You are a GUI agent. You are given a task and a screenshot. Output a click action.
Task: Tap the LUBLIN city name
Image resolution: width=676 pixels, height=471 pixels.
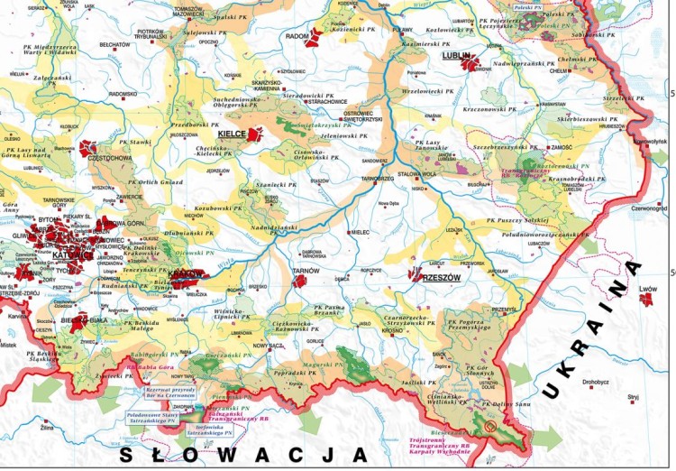pos(457,55)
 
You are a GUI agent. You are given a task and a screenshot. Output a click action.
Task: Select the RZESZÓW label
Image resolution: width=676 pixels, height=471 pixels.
pos(441,278)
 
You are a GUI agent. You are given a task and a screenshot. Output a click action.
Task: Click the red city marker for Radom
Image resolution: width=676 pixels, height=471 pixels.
pos(313,40)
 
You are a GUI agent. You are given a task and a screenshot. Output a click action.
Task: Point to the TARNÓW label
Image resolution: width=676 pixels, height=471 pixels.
pos(306,269)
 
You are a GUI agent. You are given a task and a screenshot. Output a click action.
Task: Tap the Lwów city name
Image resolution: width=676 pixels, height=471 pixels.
pos(648,289)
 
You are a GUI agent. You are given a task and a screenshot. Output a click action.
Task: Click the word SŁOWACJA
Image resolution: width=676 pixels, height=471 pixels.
pos(243,452)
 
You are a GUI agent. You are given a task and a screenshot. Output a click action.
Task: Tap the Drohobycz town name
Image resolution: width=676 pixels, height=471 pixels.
pos(598,382)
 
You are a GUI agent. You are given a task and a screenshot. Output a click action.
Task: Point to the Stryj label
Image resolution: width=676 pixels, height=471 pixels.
pos(633,396)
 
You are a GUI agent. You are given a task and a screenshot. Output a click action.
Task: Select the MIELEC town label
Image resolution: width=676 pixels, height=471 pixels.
pos(361,232)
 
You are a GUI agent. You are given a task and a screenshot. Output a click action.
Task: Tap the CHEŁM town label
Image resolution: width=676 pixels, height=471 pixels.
pos(556,69)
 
